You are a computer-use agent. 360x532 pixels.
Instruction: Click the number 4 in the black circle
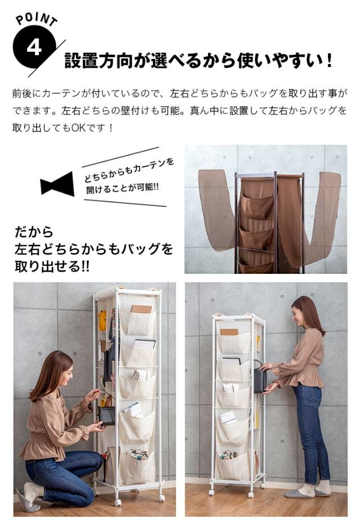34,48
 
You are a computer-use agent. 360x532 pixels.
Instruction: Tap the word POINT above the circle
37,19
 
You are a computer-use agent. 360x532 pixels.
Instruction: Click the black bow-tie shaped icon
57,183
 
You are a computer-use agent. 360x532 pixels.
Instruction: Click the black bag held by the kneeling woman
106,414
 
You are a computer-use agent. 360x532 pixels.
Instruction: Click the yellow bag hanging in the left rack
102,321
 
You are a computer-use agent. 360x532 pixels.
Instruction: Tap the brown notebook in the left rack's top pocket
142,309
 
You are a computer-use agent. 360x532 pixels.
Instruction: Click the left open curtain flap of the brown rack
217,211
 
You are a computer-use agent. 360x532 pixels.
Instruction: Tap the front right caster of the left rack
161,497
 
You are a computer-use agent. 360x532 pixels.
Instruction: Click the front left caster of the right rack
212,492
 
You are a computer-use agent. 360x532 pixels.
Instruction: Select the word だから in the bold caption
34,232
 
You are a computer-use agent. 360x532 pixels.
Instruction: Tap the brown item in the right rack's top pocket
229,331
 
